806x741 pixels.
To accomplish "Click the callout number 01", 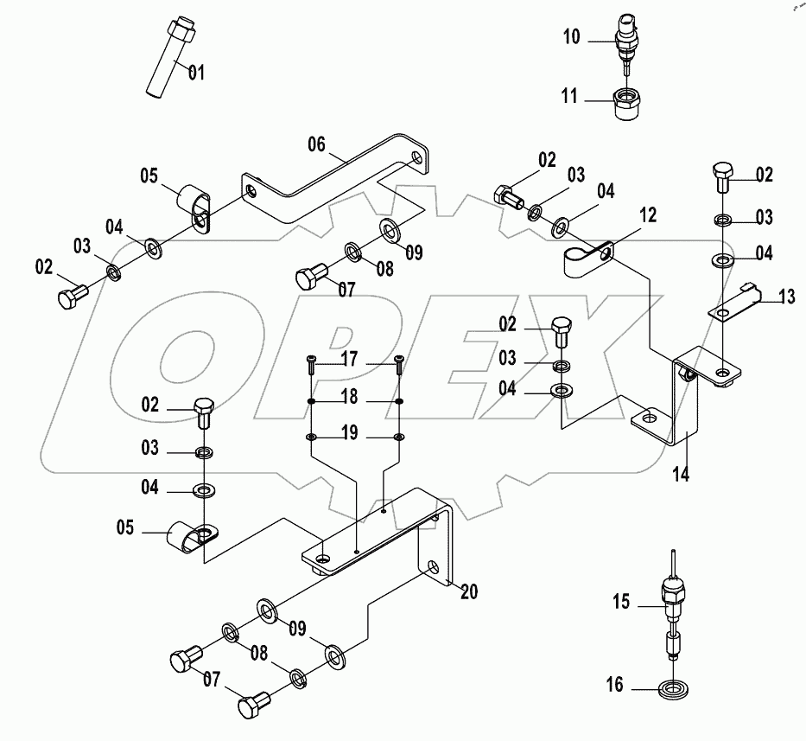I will pos(196,73).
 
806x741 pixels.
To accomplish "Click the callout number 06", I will pos(316,144).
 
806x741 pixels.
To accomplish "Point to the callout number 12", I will pos(649,215).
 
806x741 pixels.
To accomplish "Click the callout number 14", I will pos(682,474).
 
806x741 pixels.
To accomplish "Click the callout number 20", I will pos(469,592).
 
